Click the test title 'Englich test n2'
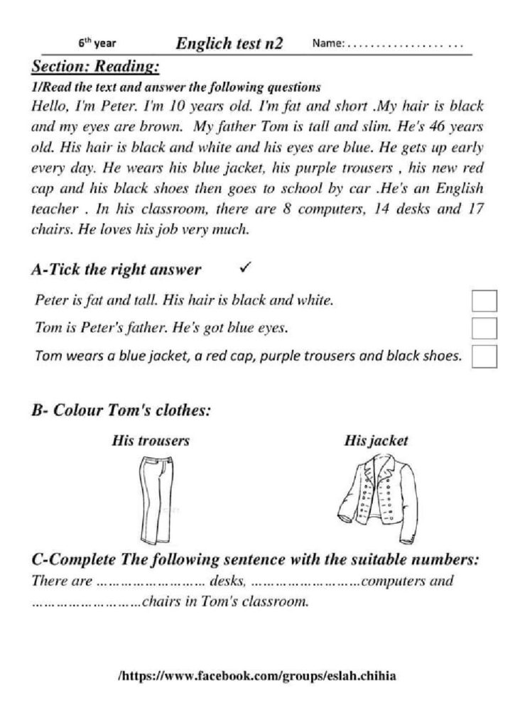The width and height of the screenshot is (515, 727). click(229, 44)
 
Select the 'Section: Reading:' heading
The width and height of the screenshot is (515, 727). click(95, 67)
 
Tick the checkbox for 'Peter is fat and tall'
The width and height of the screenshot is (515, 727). click(484, 301)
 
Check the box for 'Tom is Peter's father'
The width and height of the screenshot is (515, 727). click(484, 328)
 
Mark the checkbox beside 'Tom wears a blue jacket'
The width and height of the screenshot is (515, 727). click(484, 356)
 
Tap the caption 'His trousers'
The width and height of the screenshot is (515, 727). click(151, 441)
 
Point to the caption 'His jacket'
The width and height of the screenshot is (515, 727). click(376, 441)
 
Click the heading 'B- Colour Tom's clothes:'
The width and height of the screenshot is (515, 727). click(121, 411)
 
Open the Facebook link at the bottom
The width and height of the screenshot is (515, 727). click(256, 677)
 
